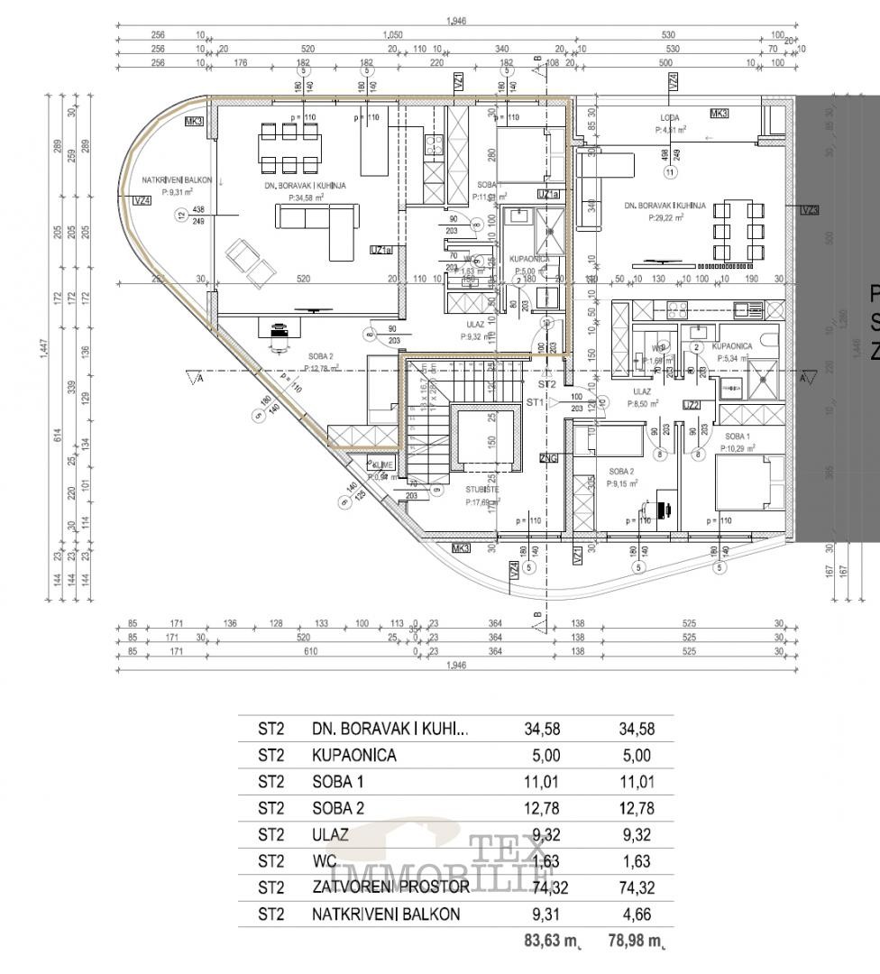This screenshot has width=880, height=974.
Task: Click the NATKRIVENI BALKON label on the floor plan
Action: pos(176,180)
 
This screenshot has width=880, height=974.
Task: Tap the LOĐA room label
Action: pos(669,118)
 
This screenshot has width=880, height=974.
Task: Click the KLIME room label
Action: pos(381,465)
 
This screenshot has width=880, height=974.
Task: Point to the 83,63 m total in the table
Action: pos(551,942)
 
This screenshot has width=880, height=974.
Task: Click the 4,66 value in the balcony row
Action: pos(635,914)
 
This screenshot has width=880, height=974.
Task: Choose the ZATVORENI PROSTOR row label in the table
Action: pos(390,887)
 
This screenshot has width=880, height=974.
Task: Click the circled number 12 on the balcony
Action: pos(181,215)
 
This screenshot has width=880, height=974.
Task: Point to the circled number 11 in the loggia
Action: pos(669,171)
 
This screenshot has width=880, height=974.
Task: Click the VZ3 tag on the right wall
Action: pos(810,210)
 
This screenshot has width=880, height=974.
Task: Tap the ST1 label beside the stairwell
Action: pos(536,402)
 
